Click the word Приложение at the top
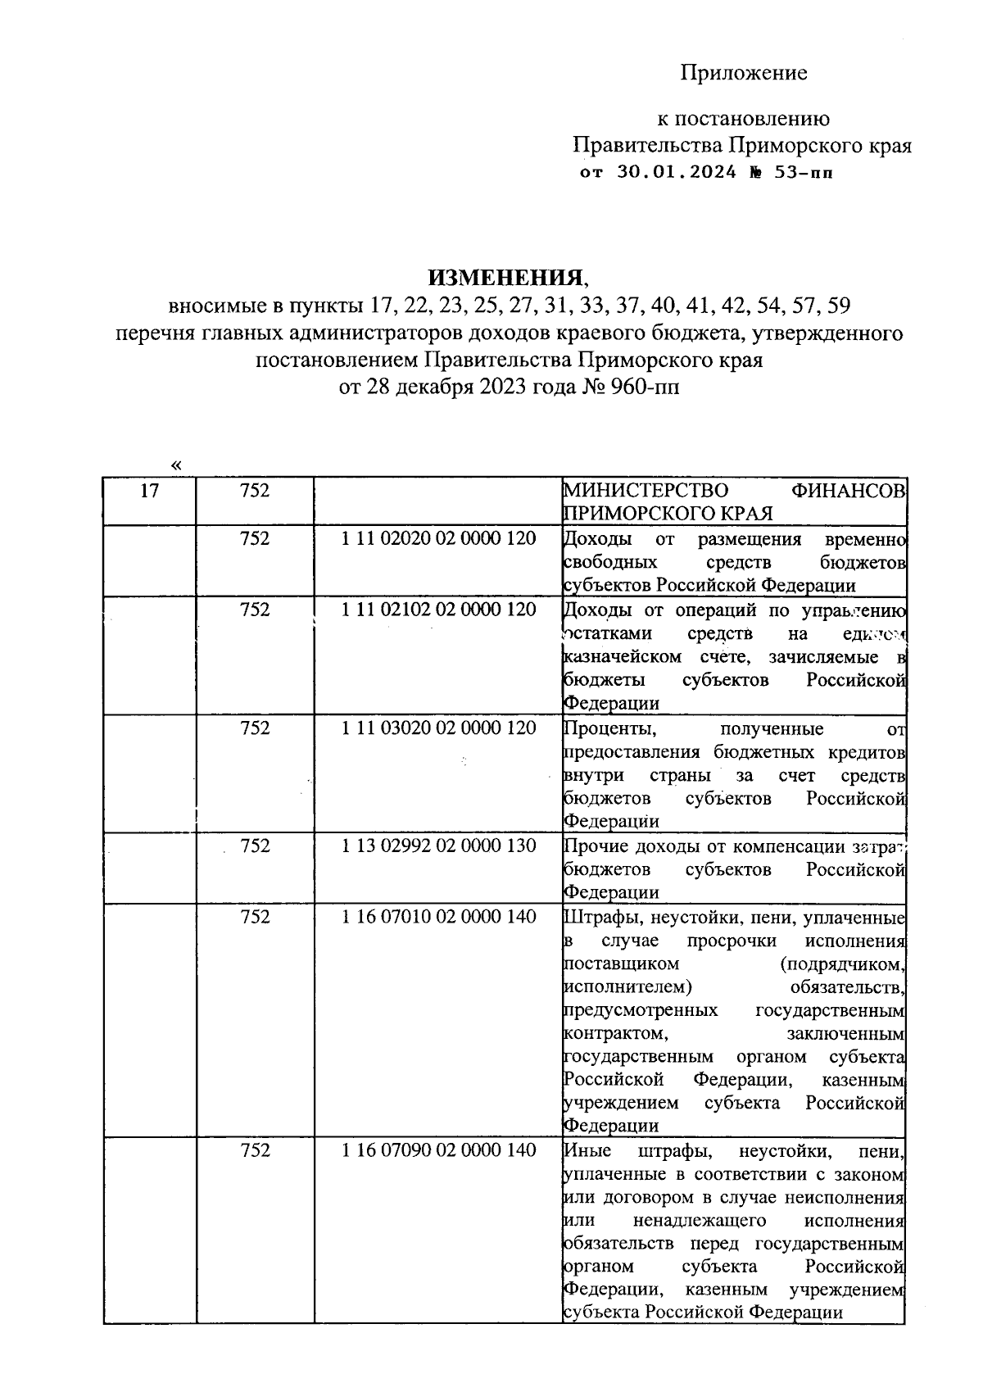pos(743,73)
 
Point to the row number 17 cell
pos(149,491)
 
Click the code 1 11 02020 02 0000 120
pos(438,538)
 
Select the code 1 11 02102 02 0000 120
pos(438,610)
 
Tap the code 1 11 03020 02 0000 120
pos(438,728)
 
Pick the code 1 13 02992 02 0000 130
pos(438,846)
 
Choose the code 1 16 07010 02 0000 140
pos(438,917)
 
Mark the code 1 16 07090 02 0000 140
pos(438,1150)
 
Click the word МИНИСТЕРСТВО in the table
pos(646,491)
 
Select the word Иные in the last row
pos(588,1151)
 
